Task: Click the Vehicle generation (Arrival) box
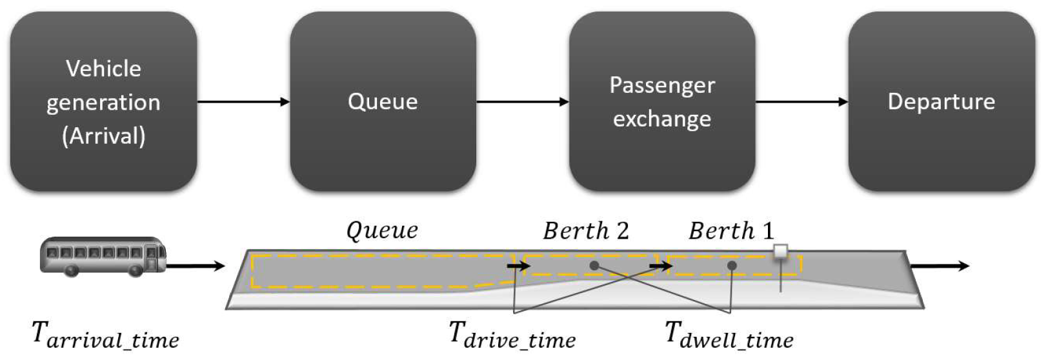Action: [103, 101]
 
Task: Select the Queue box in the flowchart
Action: [383, 101]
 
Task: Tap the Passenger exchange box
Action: [662, 101]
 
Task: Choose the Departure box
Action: [941, 101]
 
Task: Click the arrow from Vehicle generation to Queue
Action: [243, 101]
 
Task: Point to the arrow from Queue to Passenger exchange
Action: [523, 101]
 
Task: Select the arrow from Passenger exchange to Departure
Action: [801, 101]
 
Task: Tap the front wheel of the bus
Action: [136, 270]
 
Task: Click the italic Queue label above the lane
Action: [382, 230]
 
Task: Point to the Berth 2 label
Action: [585, 230]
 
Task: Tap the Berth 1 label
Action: [731, 230]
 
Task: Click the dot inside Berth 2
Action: [594, 265]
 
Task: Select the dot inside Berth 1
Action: [731, 265]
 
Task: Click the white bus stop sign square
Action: [781, 252]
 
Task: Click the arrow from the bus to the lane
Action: [196, 266]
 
